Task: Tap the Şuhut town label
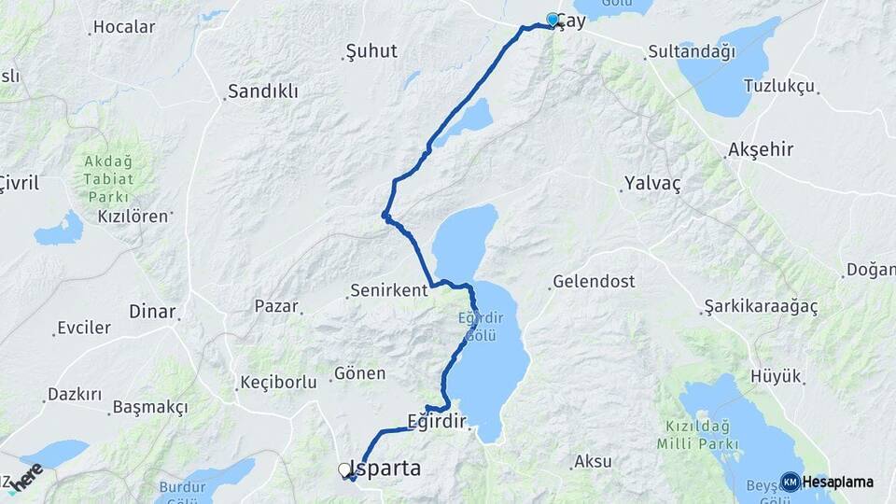click(371, 50)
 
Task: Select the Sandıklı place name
click(264, 91)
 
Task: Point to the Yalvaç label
click(653, 184)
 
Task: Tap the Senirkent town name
click(388, 290)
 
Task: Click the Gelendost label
click(594, 281)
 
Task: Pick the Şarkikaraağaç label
click(761, 307)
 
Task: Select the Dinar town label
click(151, 312)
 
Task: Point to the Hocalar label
click(125, 27)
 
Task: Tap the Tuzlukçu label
click(779, 86)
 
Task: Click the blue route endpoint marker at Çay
click(553, 20)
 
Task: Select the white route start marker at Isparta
click(344, 469)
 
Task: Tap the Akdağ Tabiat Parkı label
click(108, 178)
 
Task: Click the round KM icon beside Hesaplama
click(790, 482)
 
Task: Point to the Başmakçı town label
click(150, 407)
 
